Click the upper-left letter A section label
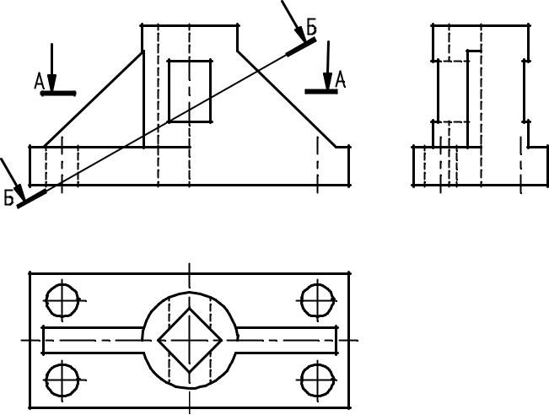39,82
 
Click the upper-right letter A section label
341,79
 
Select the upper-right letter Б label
312,27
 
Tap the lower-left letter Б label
8,197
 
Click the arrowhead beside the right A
327,81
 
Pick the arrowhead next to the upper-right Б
300,35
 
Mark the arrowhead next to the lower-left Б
19,191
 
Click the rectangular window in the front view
190,91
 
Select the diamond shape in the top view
190,340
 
